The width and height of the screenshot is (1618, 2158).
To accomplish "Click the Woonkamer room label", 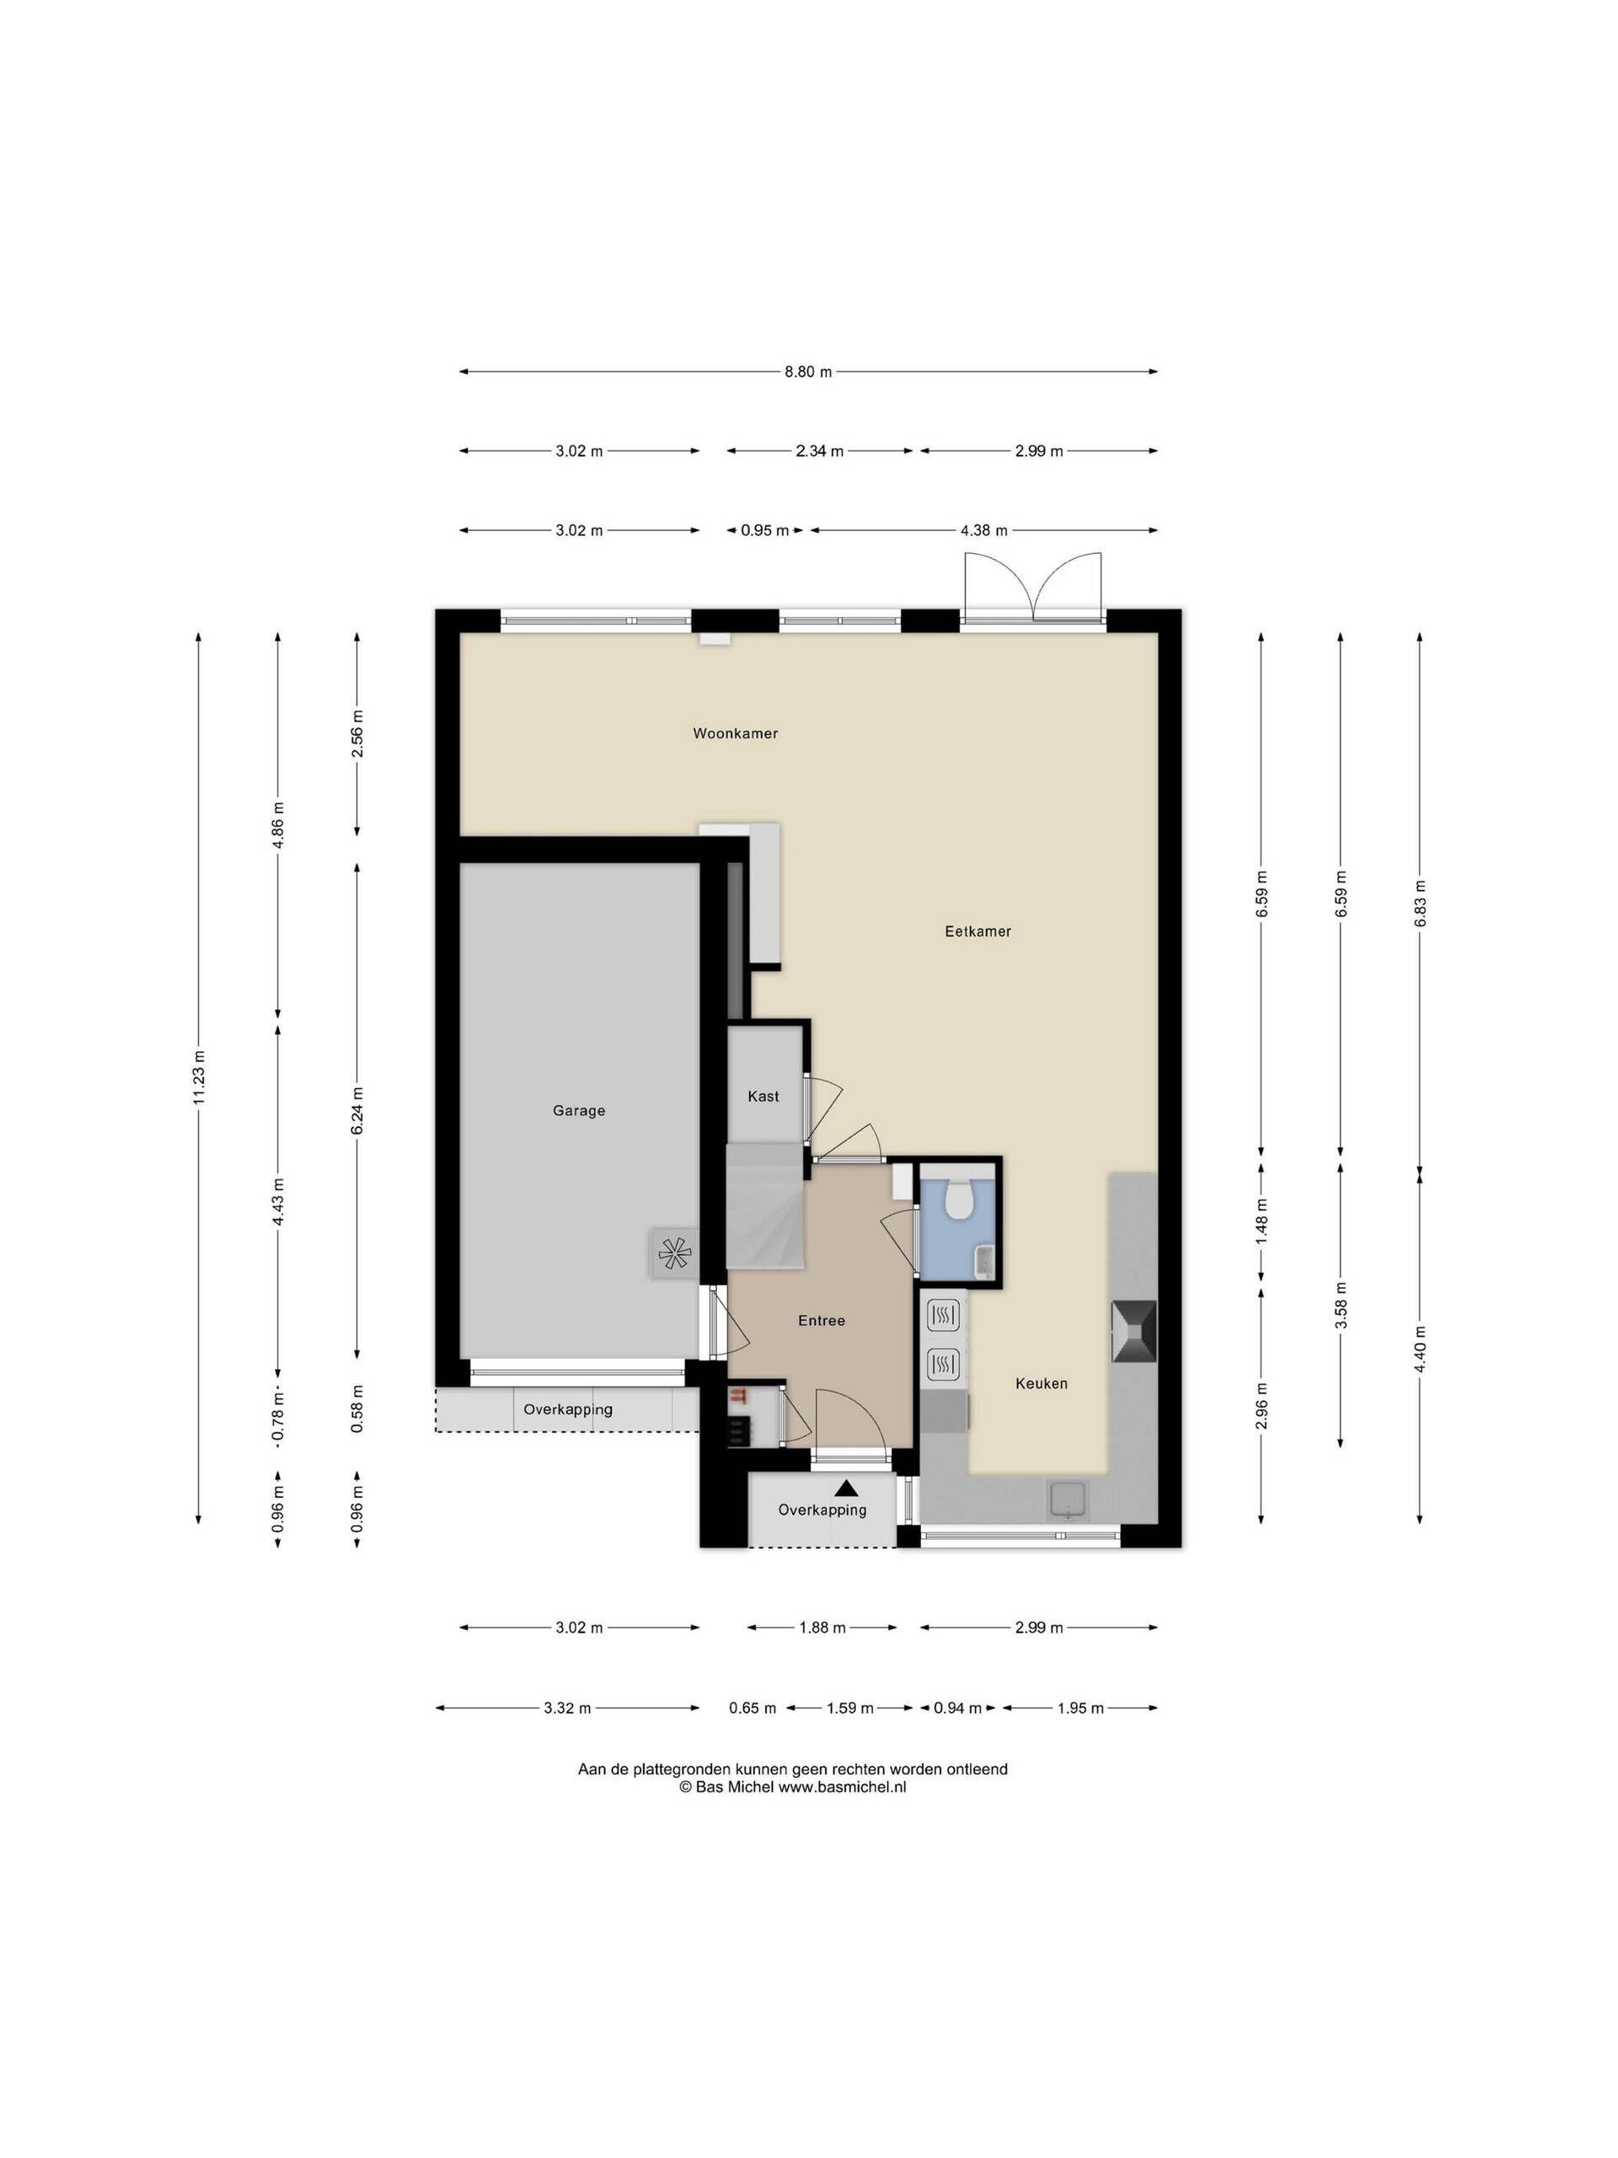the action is [736, 733].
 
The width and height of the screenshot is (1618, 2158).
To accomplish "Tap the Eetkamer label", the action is [978, 931].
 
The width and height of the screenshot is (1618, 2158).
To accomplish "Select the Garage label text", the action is [579, 1111].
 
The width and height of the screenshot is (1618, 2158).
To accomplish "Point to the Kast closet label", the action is [763, 1097].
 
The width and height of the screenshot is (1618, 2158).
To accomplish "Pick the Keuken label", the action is [1042, 1383].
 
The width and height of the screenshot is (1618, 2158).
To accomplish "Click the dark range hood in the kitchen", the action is [1134, 1332].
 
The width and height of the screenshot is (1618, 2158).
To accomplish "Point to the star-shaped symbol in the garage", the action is [674, 1253].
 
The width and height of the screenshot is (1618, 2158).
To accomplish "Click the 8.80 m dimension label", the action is [808, 372].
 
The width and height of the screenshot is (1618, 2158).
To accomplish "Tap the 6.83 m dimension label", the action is [1420, 905].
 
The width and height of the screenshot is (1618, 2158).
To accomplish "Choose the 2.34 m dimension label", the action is [819, 451].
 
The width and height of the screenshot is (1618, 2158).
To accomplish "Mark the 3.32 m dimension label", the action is [568, 1708].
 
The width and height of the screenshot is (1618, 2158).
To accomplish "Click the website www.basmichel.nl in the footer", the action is [843, 1787].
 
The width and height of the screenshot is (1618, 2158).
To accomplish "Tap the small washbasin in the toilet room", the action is [985, 1261].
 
